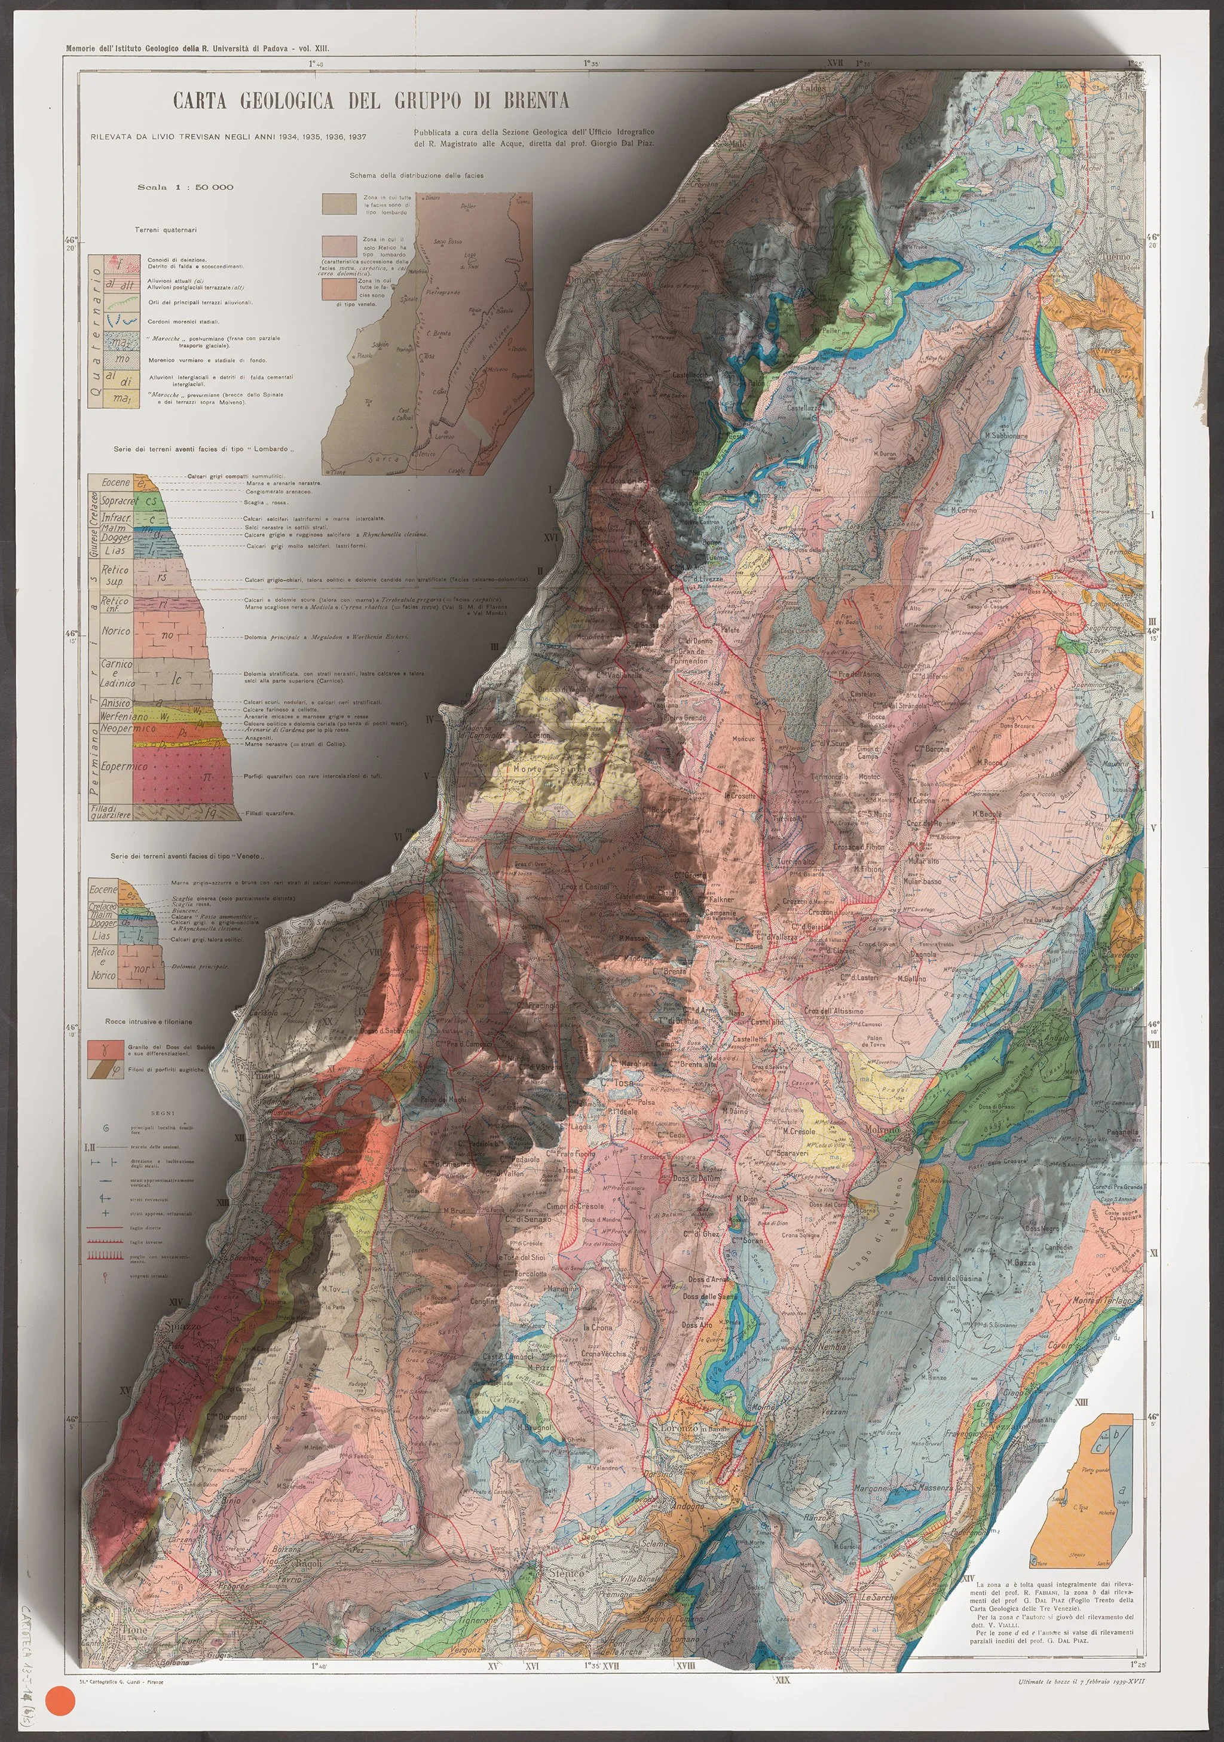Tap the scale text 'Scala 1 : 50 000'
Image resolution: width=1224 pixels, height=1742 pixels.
(185, 186)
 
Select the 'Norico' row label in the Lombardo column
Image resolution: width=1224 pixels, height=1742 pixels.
(115, 630)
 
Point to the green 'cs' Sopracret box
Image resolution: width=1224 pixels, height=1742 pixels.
(151, 501)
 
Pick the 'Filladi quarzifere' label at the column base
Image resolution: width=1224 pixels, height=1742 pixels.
(111, 812)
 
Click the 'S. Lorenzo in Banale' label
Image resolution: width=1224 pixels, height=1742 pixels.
(690, 1428)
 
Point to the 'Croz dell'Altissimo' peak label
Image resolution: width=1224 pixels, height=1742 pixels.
(833, 1011)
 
